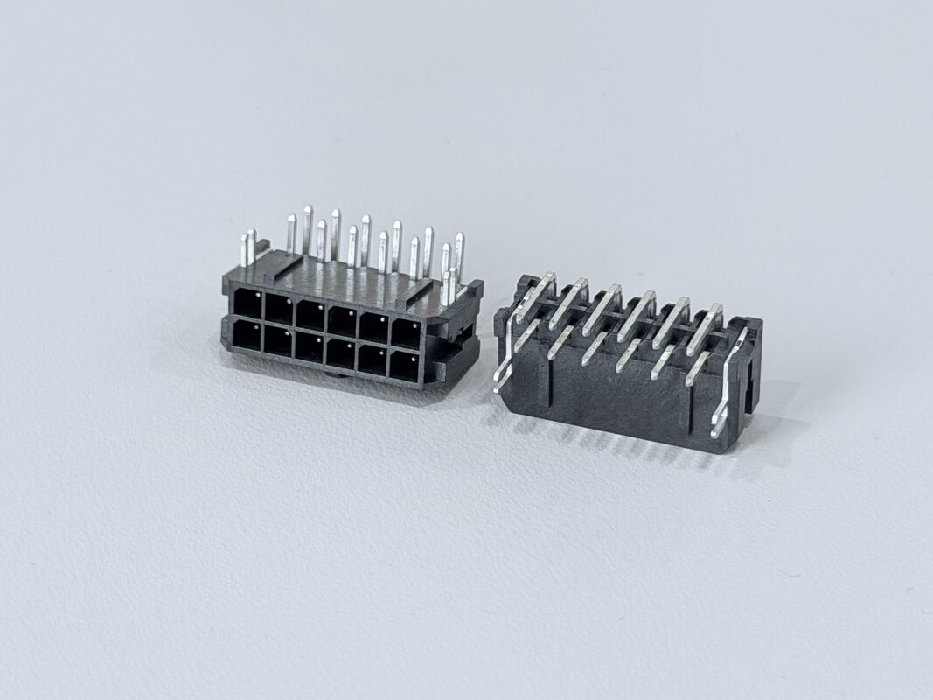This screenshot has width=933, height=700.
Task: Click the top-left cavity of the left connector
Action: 247,304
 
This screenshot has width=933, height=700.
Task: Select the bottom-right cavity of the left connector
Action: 403,365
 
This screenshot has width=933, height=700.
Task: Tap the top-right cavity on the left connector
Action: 406,332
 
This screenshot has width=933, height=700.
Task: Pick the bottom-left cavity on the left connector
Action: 246,336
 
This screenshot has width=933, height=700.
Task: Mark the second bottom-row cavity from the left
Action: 278,341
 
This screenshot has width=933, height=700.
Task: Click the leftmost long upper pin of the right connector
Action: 535,296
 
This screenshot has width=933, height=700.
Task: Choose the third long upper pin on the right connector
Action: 602,309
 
